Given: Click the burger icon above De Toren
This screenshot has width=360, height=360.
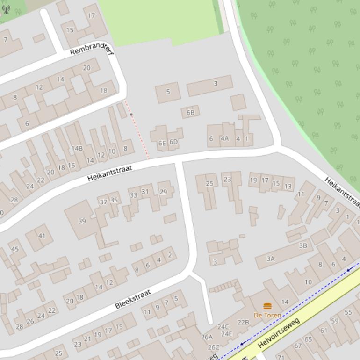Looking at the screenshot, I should pos(267,306).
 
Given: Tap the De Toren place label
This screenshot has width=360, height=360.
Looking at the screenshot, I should pos(267,315).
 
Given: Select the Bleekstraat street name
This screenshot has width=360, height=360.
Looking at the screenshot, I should pos(133,299).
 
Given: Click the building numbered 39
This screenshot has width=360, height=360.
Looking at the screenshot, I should pos(82,221).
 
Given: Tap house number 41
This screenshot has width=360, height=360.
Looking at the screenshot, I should pos(42,236).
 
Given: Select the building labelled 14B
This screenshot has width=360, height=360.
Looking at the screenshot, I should pos(77,148).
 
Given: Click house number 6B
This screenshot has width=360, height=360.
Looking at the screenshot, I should pos(190,113).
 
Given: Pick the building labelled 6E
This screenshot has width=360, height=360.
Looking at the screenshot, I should pos(162,143).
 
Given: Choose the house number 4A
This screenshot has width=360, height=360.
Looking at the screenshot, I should pos(225,138).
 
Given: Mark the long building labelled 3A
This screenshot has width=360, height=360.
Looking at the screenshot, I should pos(271,259).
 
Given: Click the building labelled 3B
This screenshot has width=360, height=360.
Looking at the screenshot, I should pos(303,245).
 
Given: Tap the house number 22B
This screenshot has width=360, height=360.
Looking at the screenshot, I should pos(243,322).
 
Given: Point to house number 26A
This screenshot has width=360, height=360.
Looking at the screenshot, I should pos(207,337).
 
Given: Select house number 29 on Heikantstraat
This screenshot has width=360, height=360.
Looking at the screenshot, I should pos(163,192).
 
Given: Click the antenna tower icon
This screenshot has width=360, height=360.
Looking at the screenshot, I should pos(6,9).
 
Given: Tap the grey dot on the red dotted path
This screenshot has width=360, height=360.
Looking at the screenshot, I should pos(131,115).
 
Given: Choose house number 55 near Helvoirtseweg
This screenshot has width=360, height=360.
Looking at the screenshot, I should pos(348,312).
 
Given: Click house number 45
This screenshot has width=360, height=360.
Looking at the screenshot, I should pos(15,249).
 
